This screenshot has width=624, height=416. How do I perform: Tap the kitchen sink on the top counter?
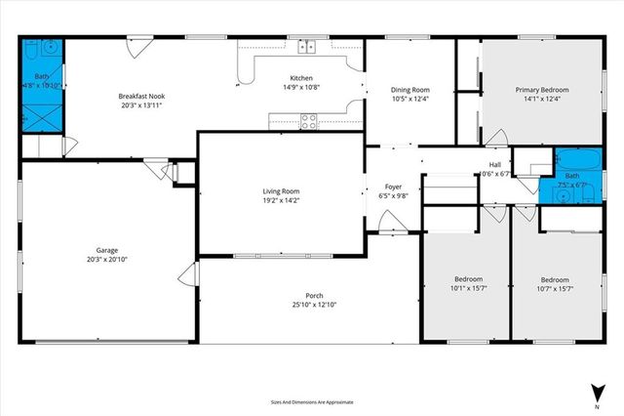pos(308,45)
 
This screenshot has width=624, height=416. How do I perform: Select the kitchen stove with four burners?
pos(308,120)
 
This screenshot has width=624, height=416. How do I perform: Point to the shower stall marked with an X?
pos(42,115)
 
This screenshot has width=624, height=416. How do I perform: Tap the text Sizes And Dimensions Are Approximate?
pos(312,401)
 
